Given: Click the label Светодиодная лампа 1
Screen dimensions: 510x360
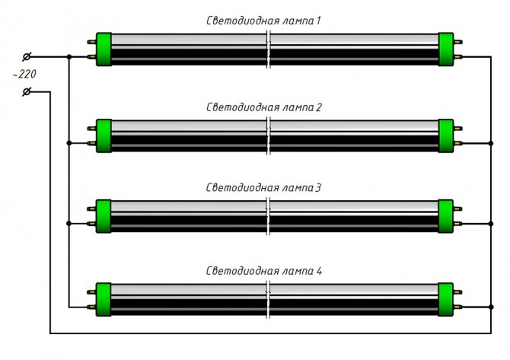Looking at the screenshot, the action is (x=265, y=21).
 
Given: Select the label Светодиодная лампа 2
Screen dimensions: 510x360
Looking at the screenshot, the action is (x=265, y=107).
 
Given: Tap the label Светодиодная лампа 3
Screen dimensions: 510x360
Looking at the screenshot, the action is (x=265, y=186).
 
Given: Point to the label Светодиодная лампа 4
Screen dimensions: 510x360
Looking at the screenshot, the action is (x=265, y=271).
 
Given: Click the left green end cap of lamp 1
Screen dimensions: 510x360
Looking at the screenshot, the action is (x=104, y=49).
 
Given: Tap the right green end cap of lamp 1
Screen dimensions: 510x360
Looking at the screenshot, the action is (x=446, y=49).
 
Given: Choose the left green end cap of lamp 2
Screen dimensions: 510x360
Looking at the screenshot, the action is (x=104, y=135).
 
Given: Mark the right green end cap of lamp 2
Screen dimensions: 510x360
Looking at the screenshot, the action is (x=446, y=135).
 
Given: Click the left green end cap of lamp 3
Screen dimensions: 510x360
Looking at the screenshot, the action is (x=104, y=215).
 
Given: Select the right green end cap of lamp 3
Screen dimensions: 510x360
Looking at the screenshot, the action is (x=446, y=215).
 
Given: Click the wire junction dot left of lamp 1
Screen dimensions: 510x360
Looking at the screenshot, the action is (x=69, y=56).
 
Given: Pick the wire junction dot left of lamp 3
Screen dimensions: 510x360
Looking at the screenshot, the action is (x=69, y=223).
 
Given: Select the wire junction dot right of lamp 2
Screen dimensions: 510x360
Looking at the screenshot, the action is (x=488, y=143).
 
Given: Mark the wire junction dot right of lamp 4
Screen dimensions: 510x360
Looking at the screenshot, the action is (x=488, y=307).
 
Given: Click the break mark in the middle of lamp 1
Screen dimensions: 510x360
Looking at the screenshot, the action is (x=269, y=49).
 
